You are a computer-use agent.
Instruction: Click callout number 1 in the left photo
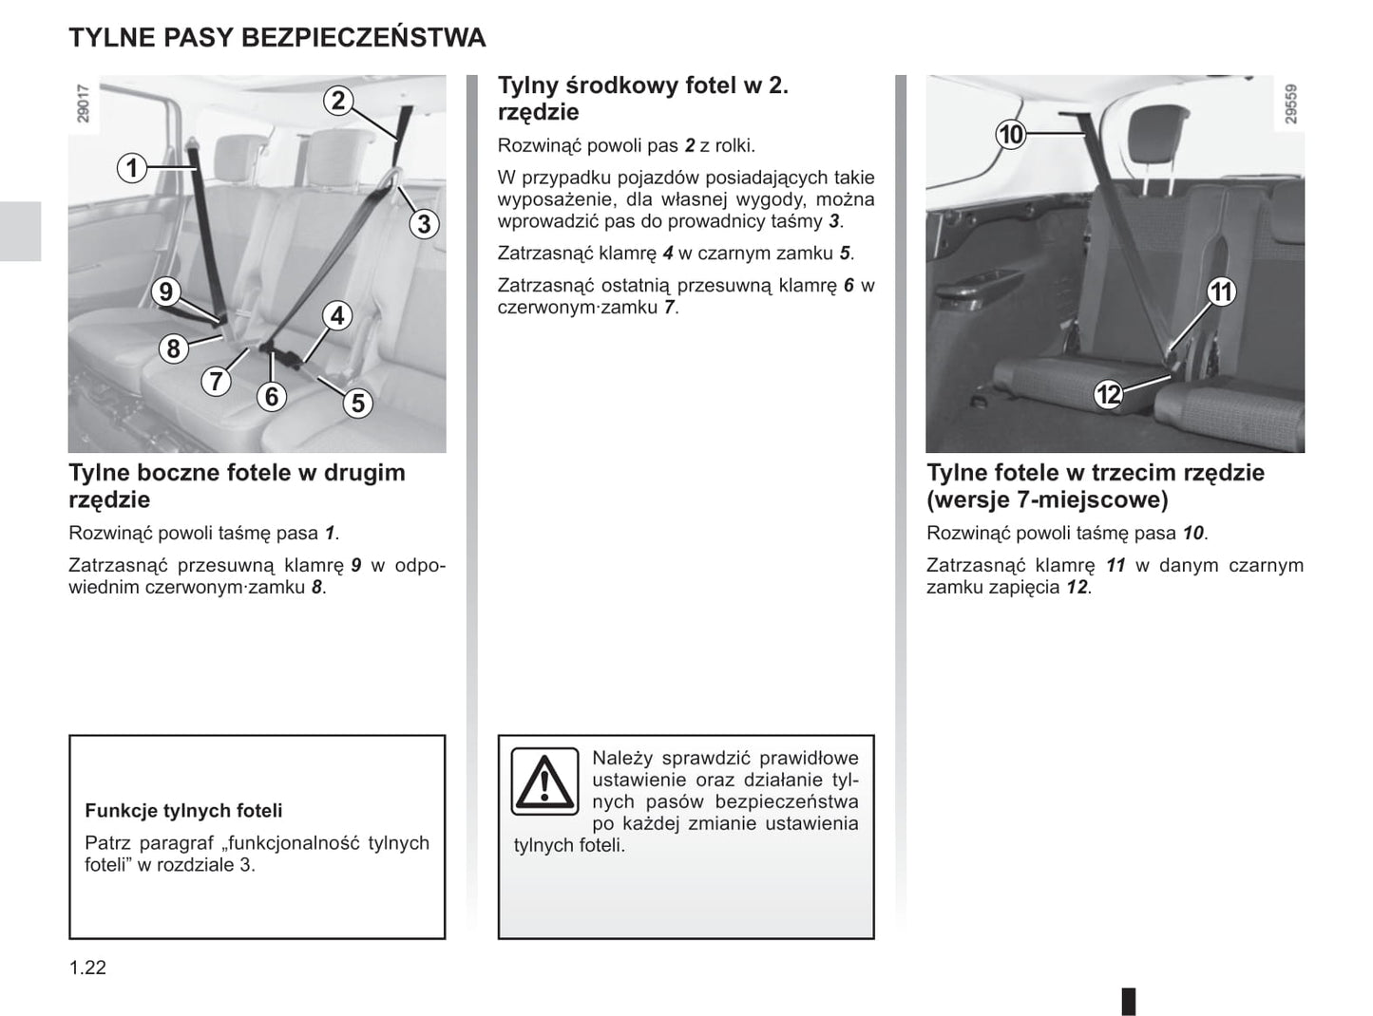[x=133, y=169]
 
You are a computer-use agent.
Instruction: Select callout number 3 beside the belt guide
[x=424, y=224]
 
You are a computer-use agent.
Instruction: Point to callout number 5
[x=357, y=403]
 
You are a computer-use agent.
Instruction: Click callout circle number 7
[x=217, y=381]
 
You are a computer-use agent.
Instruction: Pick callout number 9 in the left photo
[x=166, y=292]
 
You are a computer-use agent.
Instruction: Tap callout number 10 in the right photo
[x=1011, y=135]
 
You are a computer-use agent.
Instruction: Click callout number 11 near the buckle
[x=1221, y=292]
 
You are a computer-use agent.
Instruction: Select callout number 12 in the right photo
[x=1108, y=393]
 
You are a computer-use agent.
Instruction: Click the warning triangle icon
[x=544, y=781]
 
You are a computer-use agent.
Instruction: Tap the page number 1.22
[x=87, y=968]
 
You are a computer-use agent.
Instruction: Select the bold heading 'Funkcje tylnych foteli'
[x=183, y=811]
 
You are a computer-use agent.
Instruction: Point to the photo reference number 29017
[x=83, y=103]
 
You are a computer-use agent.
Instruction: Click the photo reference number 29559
[x=1290, y=103]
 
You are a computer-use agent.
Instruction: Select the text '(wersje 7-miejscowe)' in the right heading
[x=1047, y=499]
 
